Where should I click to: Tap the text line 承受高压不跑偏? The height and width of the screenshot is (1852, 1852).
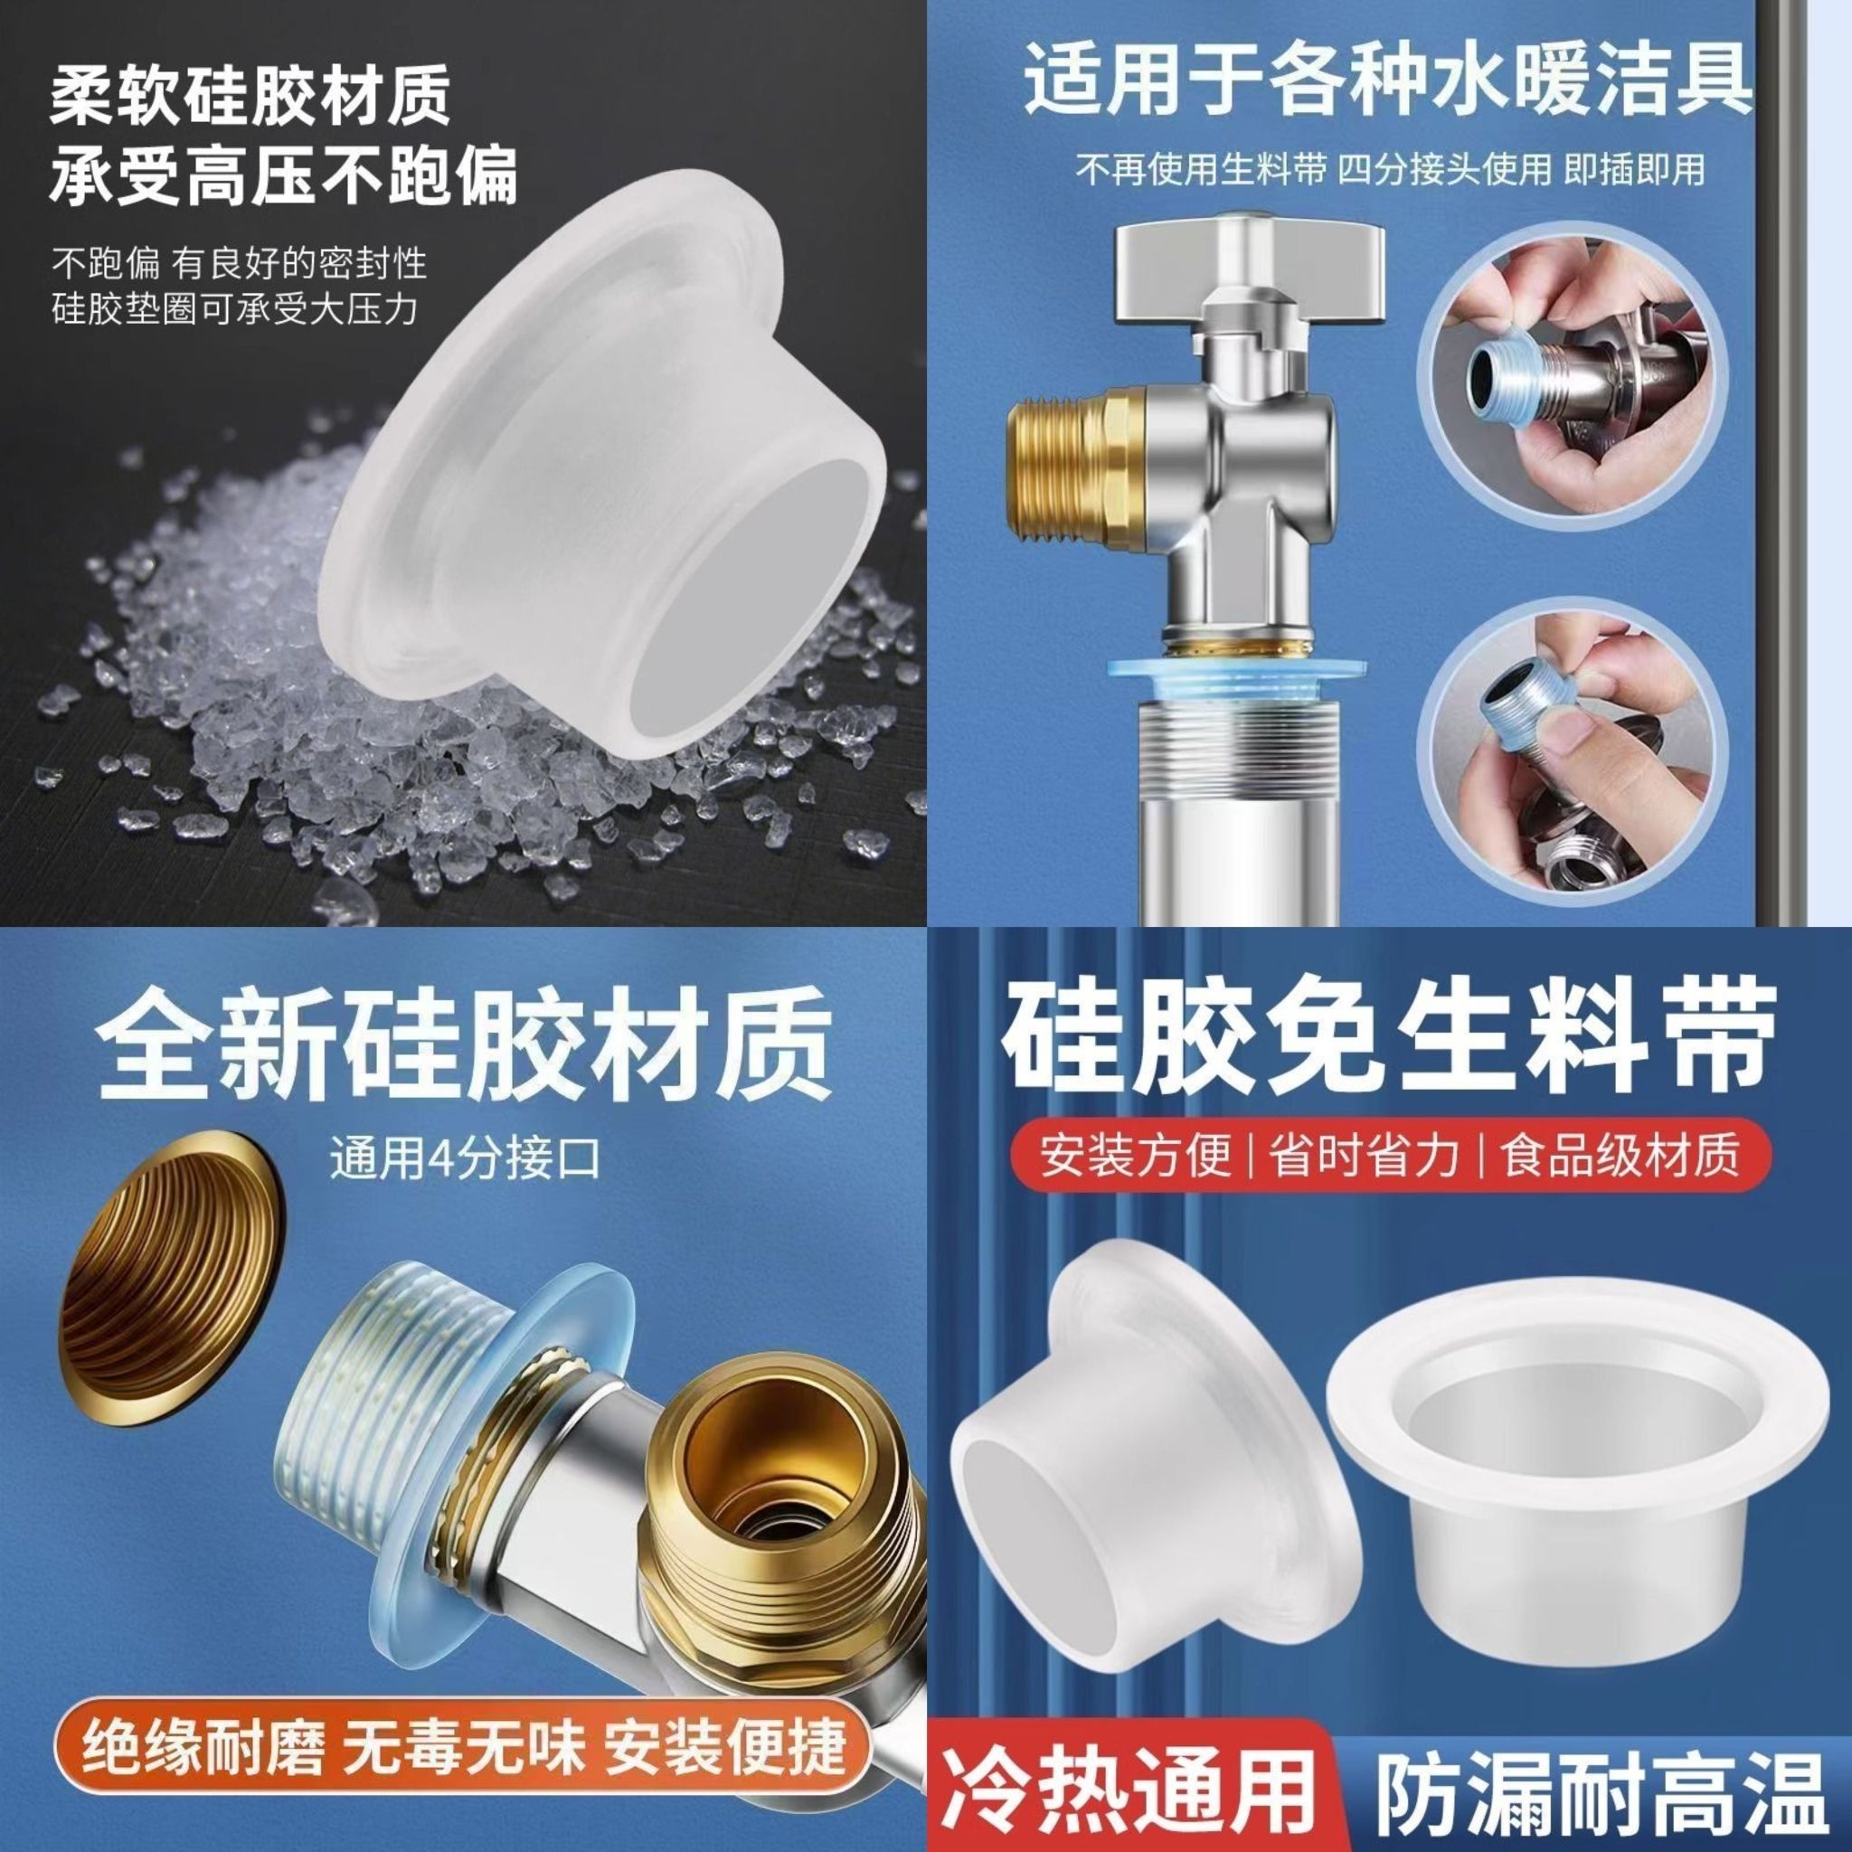point(284,175)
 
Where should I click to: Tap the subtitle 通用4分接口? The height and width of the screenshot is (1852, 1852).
point(465,1157)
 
